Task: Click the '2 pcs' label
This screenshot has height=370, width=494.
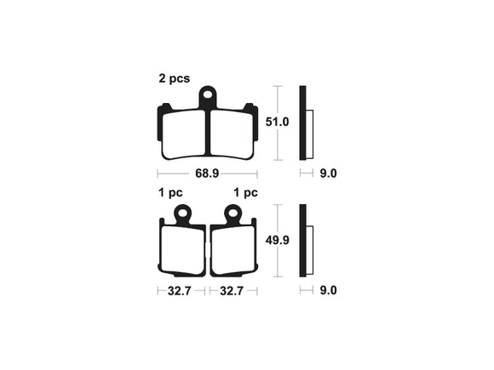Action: click(175, 78)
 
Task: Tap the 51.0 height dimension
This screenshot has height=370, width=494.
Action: click(277, 122)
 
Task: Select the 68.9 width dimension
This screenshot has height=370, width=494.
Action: click(207, 174)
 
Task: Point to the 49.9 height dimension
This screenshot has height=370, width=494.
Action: click(277, 241)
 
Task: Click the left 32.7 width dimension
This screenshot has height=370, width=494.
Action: click(179, 291)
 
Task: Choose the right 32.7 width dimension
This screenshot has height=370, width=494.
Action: click(232, 291)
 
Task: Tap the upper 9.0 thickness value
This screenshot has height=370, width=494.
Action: click(328, 174)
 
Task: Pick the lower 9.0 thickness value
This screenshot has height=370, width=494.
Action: click(328, 290)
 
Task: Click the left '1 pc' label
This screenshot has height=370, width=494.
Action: click(170, 192)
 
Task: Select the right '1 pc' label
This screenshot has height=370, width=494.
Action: click(246, 192)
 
